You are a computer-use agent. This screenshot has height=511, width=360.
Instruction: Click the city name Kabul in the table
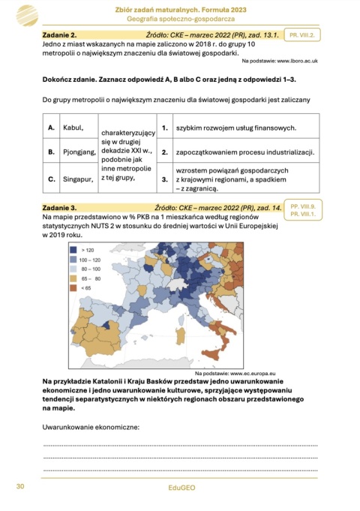click(x=73, y=128)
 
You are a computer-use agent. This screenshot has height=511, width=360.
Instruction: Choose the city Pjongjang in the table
click(x=79, y=152)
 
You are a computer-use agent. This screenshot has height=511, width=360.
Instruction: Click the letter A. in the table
click(x=51, y=128)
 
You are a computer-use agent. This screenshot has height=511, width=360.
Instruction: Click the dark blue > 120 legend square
click(x=74, y=248)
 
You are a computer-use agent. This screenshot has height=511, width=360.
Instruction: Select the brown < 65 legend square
click(x=74, y=287)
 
